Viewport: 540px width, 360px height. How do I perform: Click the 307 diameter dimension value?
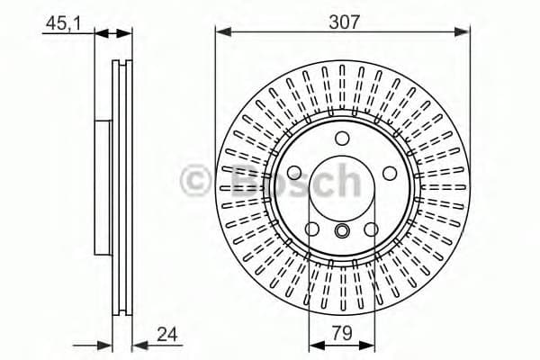click(343, 22)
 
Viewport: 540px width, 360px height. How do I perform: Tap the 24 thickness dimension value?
click(167, 334)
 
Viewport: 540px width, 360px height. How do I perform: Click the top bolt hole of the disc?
click(343, 139)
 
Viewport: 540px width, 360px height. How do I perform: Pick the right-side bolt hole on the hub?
click(391, 174)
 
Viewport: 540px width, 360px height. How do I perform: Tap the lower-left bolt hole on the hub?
click(312, 230)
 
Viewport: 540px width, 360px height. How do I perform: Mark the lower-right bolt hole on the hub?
click(373, 230)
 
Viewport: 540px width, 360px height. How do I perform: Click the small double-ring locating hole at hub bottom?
click(342, 233)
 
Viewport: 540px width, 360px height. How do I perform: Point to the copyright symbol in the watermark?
click(196, 181)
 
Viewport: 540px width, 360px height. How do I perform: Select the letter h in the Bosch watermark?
click(346, 180)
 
